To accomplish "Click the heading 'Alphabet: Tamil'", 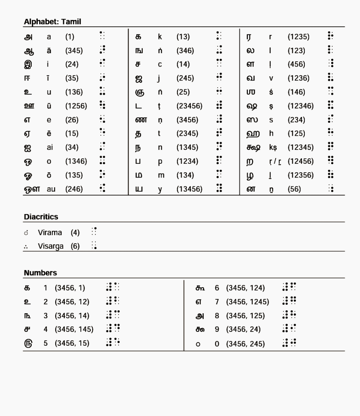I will (x=52, y=22).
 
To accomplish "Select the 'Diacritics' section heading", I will (x=41, y=217).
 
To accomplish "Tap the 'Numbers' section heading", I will (x=40, y=273).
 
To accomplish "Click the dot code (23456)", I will (x=189, y=106).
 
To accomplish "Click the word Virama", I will (x=50, y=233).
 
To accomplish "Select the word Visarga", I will (x=51, y=246).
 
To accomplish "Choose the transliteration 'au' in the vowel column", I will (x=51, y=189).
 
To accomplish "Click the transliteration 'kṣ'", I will (x=273, y=147).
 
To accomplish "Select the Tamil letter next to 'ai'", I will (x=28, y=147).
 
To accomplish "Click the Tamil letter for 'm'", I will (x=139, y=175).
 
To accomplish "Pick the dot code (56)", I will (x=294, y=189).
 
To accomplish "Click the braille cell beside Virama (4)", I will (x=94, y=232).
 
